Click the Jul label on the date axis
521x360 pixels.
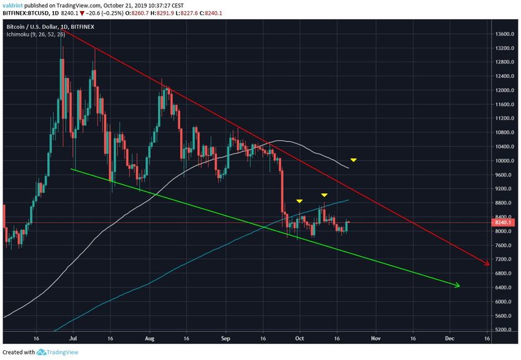74,338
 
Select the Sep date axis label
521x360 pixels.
226,338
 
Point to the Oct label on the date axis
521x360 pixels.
300,338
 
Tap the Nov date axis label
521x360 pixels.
376,338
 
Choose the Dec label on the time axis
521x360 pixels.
450,338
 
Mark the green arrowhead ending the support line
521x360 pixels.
457,285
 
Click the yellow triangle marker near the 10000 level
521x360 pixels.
354,161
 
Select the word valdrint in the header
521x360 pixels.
14,4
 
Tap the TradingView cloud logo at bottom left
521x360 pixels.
42,352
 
